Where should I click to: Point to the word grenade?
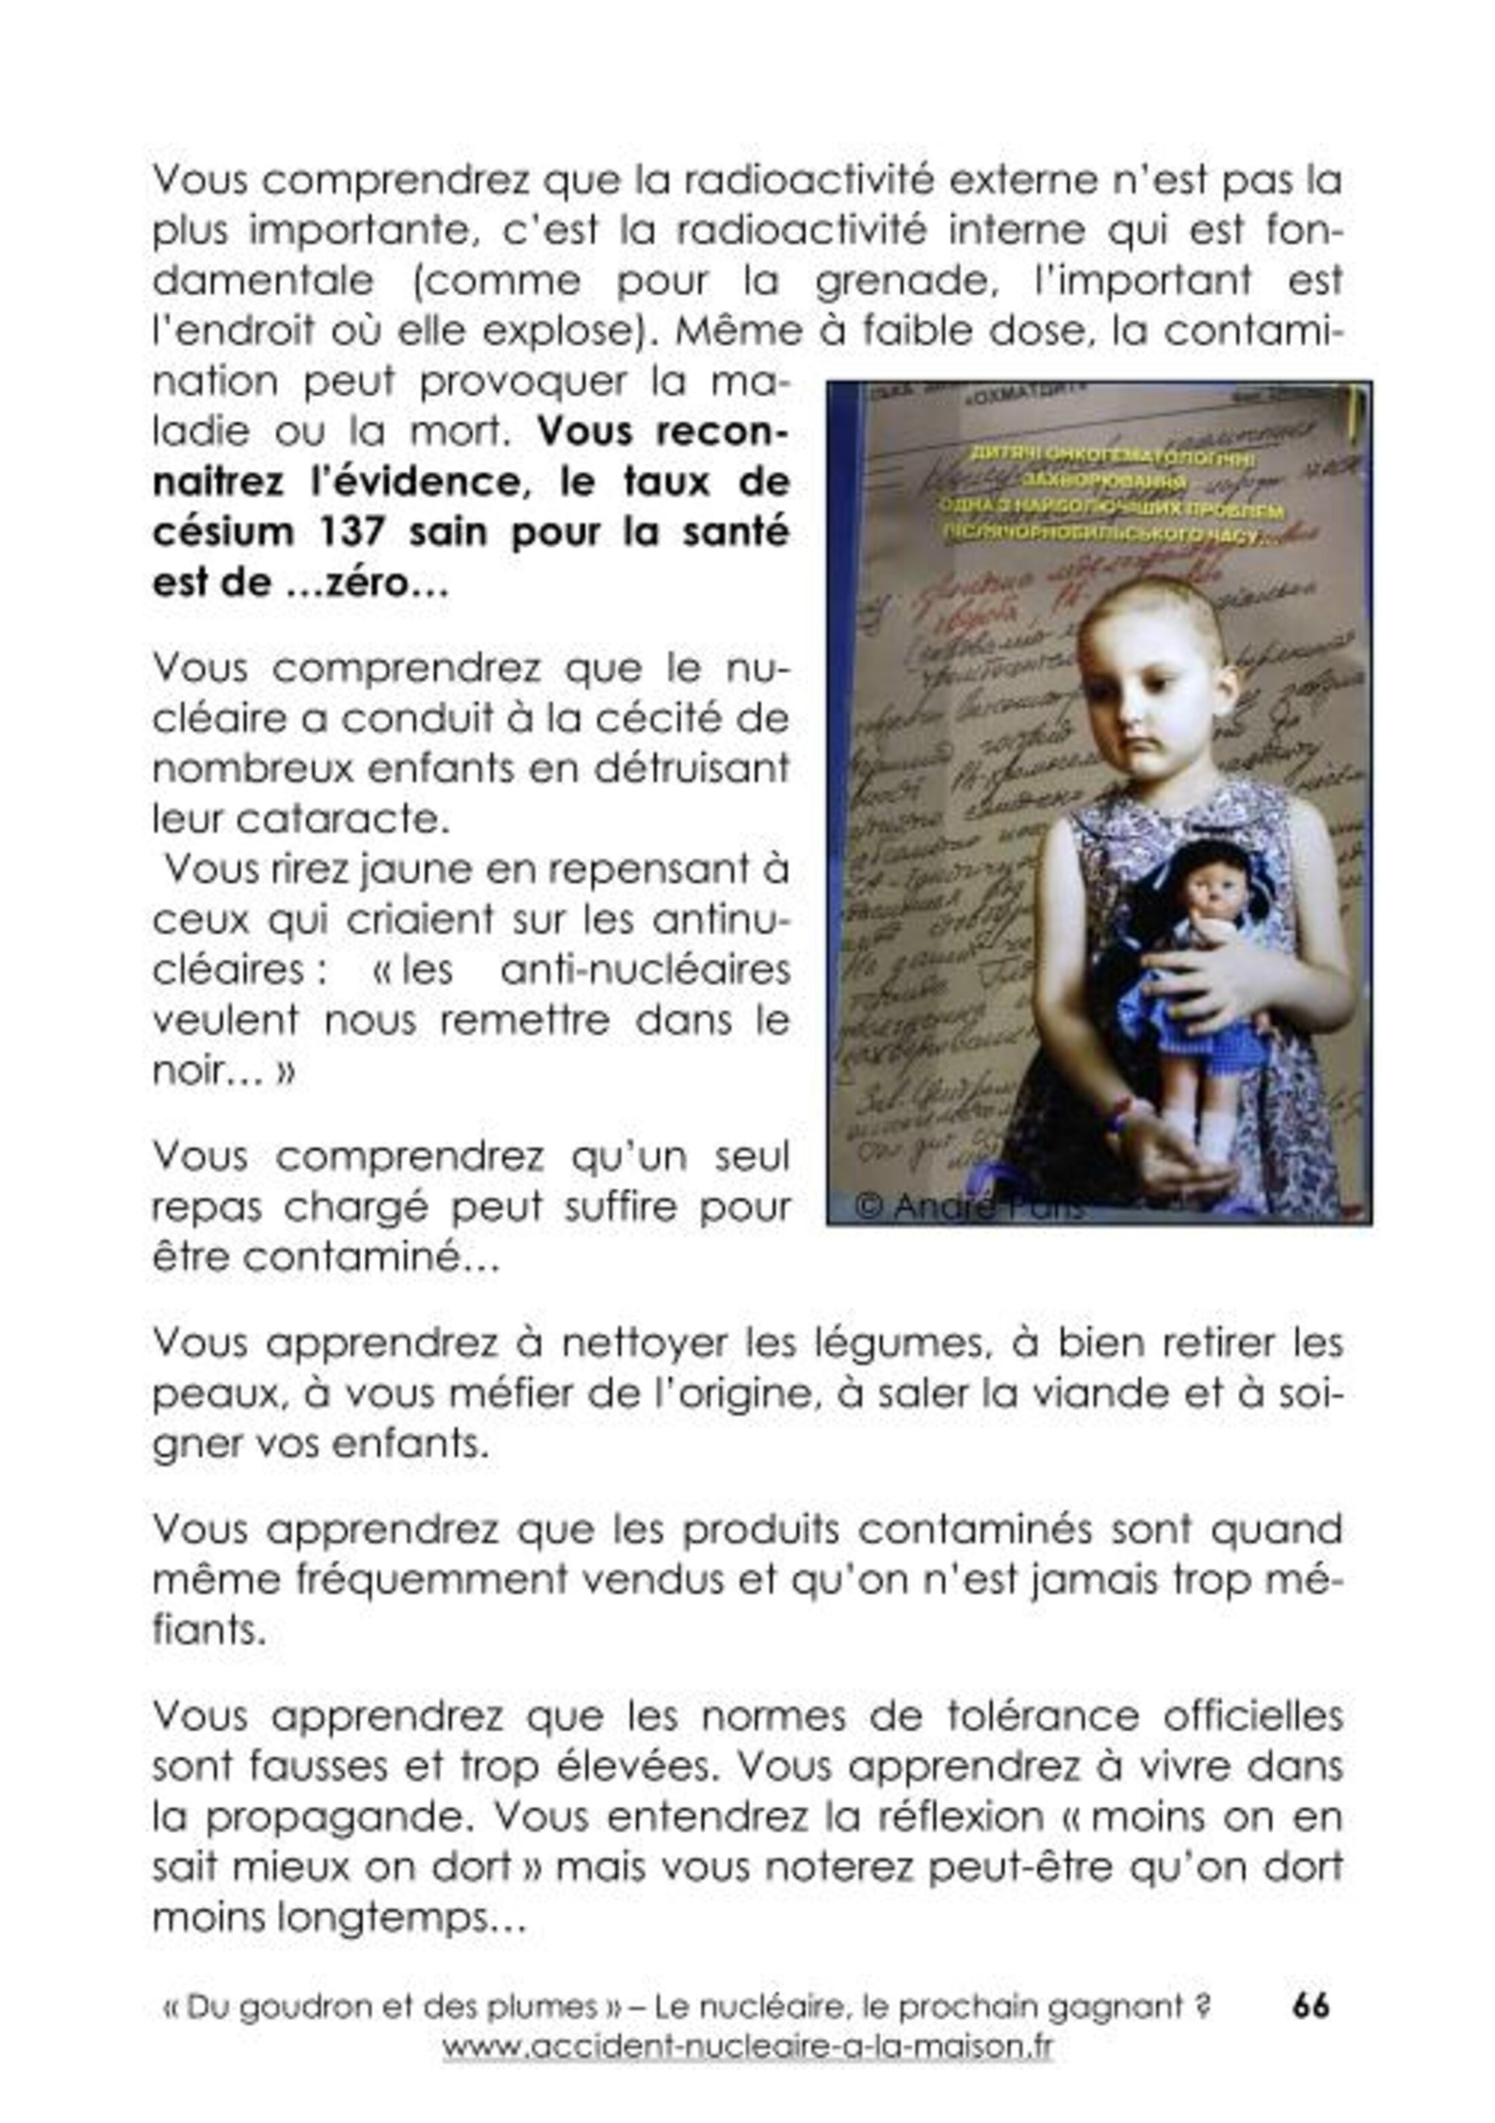[x=894, y=281]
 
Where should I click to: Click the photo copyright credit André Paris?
[x=971, y=1206]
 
